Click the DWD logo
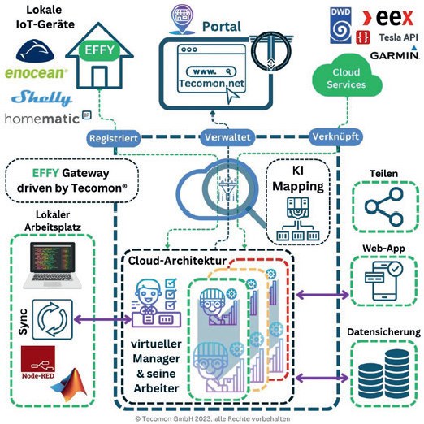340,25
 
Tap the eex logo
388,17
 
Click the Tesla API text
398,37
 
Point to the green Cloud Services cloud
347,76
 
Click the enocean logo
36,73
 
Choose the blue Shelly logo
42,98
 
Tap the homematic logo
48,118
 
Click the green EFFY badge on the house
99,50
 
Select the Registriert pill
114,138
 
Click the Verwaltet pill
227,137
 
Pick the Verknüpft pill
335,136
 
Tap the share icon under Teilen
384,207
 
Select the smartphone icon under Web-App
383,282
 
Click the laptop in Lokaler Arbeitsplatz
53,266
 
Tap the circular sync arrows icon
53,319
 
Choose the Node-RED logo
38,362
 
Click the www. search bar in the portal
211,71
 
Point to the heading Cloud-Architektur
177,261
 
